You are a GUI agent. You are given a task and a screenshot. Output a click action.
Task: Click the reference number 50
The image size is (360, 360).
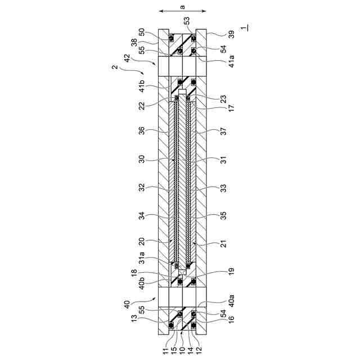(x=142, y=32)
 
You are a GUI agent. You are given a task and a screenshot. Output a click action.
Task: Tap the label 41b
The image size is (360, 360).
(x=142, y=86)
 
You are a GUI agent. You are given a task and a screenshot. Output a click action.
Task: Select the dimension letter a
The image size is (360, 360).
(x=182, y=7)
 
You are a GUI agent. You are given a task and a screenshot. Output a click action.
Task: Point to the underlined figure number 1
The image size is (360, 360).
(x=244, y=28)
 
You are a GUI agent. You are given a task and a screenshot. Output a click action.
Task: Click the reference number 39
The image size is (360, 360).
(x=232, y=34)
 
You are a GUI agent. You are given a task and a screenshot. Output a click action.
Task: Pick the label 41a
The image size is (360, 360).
(x=232, y=61)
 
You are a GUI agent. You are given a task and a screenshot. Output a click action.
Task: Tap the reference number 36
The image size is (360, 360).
(x=142, y=130)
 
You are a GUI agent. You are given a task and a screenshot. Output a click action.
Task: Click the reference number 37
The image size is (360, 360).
(x=223, y=131)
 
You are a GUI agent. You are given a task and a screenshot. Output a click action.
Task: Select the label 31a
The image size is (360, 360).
(x=142, y=258)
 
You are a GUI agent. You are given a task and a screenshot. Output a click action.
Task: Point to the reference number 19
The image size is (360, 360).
(x=232, y=271)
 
